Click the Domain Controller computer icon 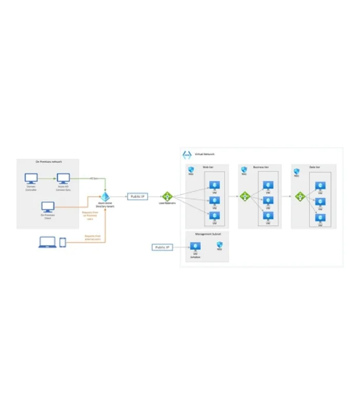tap(31, 178)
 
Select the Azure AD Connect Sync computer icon tap(63, 178)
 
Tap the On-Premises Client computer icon tap(48, 207)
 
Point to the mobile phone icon tap(63, 242)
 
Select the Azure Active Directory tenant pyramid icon tap(105, 197)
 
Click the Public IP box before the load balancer tap(137, 196)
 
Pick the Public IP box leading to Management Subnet tap(163, 247)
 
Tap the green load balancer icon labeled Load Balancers tap(167, 196)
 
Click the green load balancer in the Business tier tap(245, 196)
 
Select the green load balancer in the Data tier tap(300, 196)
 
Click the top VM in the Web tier tap(212, 185)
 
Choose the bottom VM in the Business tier tap(267, 216)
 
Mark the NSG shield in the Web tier tap(190, 169)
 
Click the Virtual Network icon tap(187, 155)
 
